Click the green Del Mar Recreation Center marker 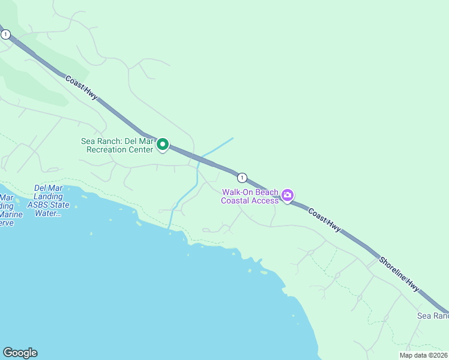(162, 145)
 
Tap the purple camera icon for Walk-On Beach (288, 195)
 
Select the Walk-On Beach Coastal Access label (250, 196)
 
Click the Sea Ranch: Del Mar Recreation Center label (118, 145)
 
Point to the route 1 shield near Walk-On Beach (241, 178)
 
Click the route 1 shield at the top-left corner (5, 35)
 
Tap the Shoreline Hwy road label (399, 275)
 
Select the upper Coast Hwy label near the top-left (82, 88)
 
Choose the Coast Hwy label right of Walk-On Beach (325, 220)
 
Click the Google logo (20, 353)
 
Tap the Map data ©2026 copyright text (424, 355)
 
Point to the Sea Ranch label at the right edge (433, 316)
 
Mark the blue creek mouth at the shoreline (169, 227)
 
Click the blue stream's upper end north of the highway (232, 139)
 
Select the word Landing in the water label (49, 196)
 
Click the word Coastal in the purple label (237, 200)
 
